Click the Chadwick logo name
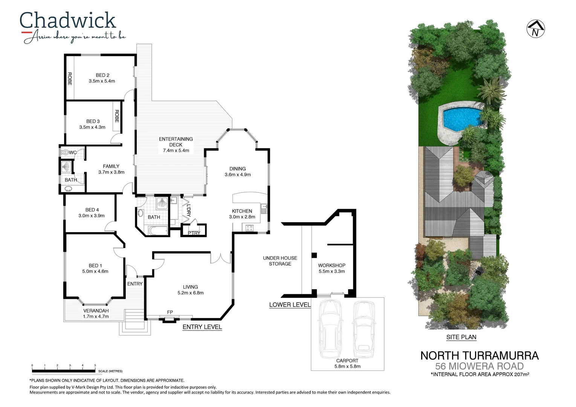(x=67, y=21)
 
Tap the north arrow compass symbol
(x=535, y=29)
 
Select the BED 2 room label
(x=102, y=75)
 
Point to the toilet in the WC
(x=65, y=153)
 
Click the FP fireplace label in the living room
(x=170, y=312)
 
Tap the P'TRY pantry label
(x=194, y=233)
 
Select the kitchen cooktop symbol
(x=249, y=228)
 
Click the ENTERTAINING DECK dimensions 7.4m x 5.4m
(x=176, y=150)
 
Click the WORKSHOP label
(x=332, y=265)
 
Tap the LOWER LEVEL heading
(x=290, y=305)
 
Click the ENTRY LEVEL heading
(x=202, y=327)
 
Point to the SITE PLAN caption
(x=461, y=337)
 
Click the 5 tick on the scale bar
(x=95, y=366)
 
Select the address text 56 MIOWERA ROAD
(x=479, y=366)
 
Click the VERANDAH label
(x=96, y=311)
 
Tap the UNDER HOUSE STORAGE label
(x=280, y=261)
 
